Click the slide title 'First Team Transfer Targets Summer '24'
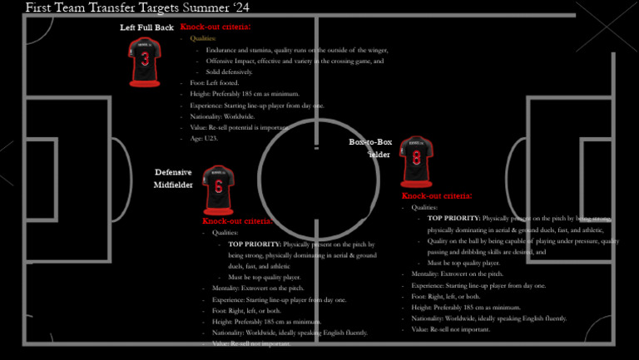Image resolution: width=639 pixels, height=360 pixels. (137, 7)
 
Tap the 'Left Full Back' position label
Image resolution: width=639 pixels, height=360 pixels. (146, 27)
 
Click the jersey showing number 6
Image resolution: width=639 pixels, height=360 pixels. (218, 190)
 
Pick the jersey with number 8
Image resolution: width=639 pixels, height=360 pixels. (416, 160)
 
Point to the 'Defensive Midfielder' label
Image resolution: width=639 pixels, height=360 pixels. (173, 179)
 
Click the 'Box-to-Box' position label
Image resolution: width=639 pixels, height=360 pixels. (370, 143)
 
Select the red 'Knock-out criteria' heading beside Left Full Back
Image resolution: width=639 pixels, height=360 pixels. (215, 27)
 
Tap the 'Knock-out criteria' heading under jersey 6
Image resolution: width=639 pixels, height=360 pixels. (237, 221)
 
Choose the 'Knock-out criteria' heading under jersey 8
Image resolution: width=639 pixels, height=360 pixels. (437, 196)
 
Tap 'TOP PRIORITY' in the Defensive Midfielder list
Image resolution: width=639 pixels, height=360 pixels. (254, 244)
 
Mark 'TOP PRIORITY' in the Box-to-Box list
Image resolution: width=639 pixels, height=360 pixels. (453, 219)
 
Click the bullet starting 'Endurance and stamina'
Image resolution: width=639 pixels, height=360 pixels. (296, 50)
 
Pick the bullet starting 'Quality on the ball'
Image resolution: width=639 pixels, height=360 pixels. (516, 241)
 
